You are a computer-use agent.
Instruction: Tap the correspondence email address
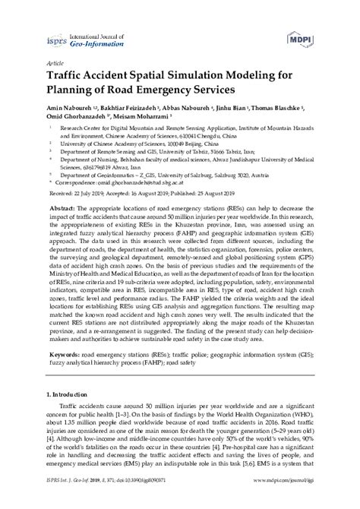pos(158,183)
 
